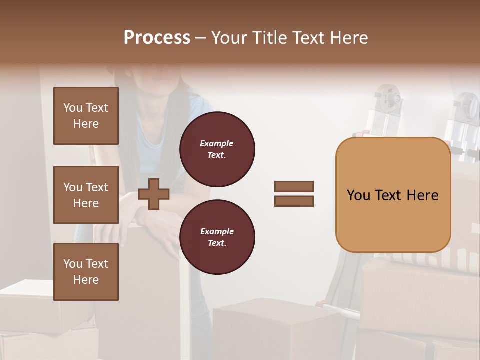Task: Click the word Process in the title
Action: [157, 38]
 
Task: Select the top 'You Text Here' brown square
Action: [86, 116]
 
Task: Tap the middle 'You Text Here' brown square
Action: [86, 195]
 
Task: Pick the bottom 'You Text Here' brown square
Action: [86, 272]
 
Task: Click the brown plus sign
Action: [154, 194]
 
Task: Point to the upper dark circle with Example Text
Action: [217, 149]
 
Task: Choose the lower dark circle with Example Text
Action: [217, 237]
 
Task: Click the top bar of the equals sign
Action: [294, 187]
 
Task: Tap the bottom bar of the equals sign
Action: [294, 201]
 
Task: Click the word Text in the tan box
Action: [392, 195]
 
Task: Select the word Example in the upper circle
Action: [217, 143]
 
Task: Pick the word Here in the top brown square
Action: [86, 124]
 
